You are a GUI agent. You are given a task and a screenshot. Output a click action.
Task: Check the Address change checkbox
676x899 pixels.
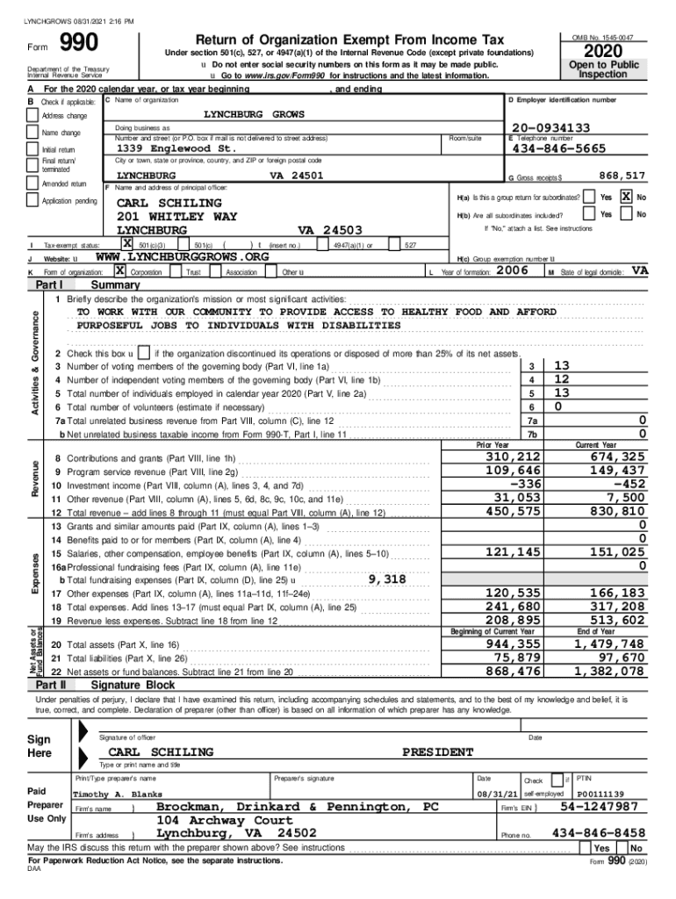click(x=33, y=116)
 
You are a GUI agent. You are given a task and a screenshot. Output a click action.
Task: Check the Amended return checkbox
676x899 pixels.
click(x=33, y=183)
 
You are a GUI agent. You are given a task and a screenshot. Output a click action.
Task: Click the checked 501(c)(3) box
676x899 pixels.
click(x=127, y=244)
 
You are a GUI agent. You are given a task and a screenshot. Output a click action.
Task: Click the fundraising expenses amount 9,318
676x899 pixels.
click(x=387, y=579)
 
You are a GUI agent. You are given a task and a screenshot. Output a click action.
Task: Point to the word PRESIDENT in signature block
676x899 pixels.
click(x=438, y=752)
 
